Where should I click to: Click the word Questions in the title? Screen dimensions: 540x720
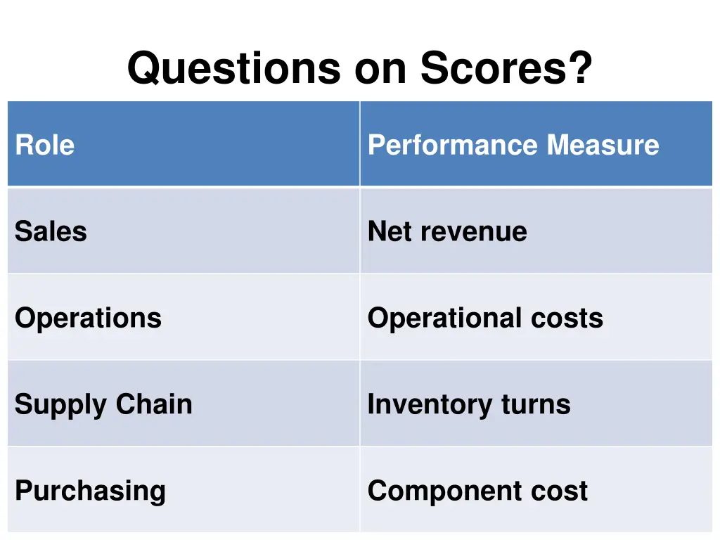click(234, 69)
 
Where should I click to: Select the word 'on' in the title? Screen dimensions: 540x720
click(380, 69)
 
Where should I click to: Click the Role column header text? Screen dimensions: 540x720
click(44, 146)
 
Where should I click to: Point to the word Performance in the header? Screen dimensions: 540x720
click(454, 146)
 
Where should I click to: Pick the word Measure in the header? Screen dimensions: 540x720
click(603, 146)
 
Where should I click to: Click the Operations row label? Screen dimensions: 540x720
click(88, 319)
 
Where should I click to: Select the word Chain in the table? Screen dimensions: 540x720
click(154, 404)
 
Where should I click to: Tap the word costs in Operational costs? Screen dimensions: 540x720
click(567, 319)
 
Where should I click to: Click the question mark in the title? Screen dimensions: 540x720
click(579, 69)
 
